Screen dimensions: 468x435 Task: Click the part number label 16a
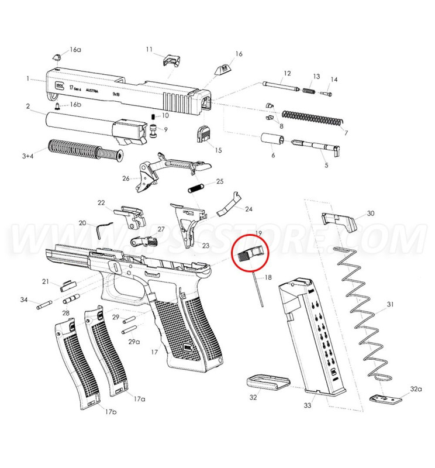click(75, 50)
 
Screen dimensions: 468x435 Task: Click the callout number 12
click(286, 74)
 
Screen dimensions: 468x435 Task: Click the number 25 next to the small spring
click(220, 181)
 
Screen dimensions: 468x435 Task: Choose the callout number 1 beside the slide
click(27, 78)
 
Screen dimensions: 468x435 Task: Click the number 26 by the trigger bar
click(126, 178)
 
